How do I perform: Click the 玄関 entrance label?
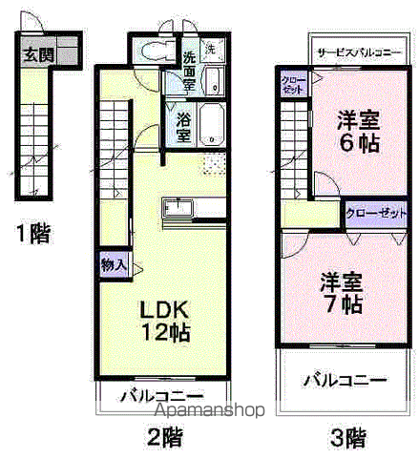38,55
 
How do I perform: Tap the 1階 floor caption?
33,231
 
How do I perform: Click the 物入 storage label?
112,264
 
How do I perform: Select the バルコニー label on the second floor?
161,395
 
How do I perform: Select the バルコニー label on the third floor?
345,379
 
